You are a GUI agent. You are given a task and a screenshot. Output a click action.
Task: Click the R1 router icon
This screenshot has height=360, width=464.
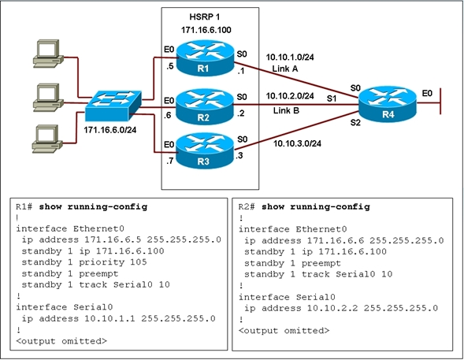pos(205,58)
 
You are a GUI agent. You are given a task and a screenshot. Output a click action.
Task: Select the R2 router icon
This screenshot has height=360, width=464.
pos(205,106)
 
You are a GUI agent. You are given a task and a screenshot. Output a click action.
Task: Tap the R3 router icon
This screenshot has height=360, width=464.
pos(205,150)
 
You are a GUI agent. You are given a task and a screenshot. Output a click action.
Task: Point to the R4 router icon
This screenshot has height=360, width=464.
pos(388,103)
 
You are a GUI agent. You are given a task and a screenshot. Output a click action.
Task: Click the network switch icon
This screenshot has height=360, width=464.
pos(113,106)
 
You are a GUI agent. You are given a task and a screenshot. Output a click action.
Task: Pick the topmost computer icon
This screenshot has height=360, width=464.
pos(48,54)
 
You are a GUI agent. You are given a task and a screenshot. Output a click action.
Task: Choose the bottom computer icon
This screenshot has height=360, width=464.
pos(47,139)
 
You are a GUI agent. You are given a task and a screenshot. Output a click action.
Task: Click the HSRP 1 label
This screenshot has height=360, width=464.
pos(205,17)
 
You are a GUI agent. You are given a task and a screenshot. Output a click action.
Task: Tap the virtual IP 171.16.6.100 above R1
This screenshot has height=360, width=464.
pos(206,30)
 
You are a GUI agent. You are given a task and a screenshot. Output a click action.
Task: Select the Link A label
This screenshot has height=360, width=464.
pos(285,69)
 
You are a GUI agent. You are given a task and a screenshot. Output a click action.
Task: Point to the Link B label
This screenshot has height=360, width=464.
pos(286,110)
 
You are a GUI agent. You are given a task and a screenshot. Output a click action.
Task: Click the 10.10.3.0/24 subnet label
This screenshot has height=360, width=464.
pos(297,143)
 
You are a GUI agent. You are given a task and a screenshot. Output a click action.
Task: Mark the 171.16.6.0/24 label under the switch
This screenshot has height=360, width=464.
pos(110,129)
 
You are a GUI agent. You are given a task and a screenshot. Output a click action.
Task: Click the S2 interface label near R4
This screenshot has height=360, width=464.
pos(355,122)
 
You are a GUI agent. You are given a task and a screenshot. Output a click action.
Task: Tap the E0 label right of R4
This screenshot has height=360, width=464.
pos(427,94)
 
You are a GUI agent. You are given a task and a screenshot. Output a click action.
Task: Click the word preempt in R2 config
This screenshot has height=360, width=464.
pos(321,263)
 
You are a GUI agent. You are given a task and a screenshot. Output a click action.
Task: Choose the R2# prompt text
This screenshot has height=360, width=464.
pos(247,206)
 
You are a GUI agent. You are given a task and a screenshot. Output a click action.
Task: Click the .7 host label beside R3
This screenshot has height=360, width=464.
pos(169,161)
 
